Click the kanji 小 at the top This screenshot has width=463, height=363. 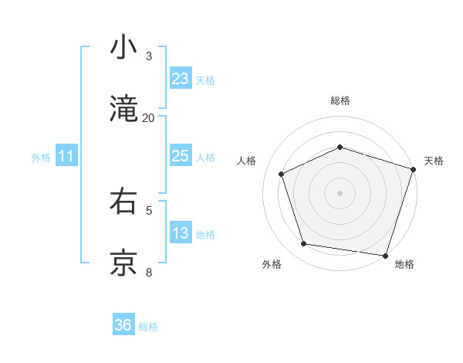[x=124, y=47]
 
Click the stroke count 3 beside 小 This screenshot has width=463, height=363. [x=149, y=56]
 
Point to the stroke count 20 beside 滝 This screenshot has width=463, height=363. [x=149, y=118]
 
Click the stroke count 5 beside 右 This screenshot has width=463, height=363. [x=149, y=209]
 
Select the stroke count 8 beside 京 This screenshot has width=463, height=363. [x=149, y=272]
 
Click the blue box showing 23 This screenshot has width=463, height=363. [x=180, y=79]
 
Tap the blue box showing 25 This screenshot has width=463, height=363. [x=180, y=156]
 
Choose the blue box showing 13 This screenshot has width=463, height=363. [x=180, y=233]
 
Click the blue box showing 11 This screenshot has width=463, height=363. [x=66, y=156]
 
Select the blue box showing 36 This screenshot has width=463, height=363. [x=123, y=325]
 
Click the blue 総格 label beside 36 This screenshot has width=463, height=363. [x=148, y=327]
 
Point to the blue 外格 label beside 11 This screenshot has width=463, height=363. [x=41, y=158]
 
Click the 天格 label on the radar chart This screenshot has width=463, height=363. [x=434, y=161]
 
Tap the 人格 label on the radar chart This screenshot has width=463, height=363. [x=246, y=161]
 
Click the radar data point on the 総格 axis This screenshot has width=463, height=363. [x=340, y=147]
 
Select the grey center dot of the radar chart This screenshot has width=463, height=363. [x=340, y=192]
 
